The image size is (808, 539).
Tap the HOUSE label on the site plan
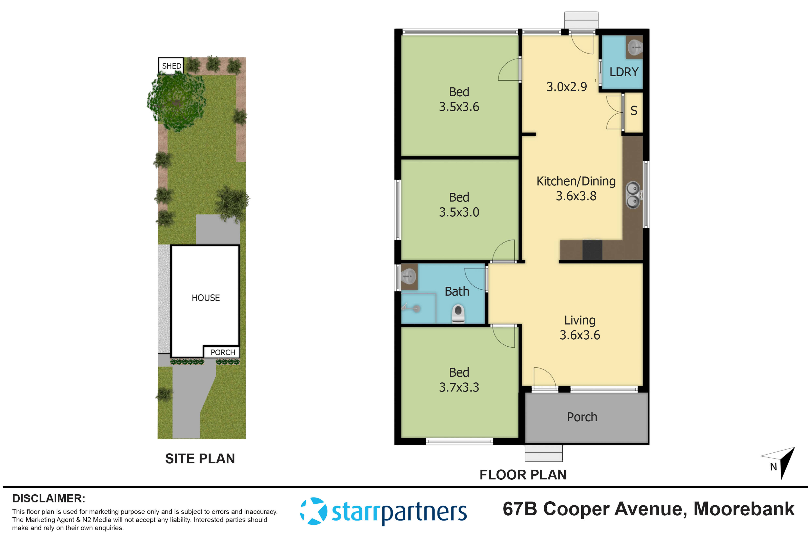pos(205,298)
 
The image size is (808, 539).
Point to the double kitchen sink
pos(633,195)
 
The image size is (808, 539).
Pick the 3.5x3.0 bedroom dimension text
pos(459,212)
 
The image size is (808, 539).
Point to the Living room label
pos(580,320)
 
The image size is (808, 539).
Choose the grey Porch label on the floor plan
pos(582,417)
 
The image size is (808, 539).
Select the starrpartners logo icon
pos(313,511)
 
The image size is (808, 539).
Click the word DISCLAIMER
pos(49,498)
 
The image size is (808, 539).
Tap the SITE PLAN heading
pos(200,459)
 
